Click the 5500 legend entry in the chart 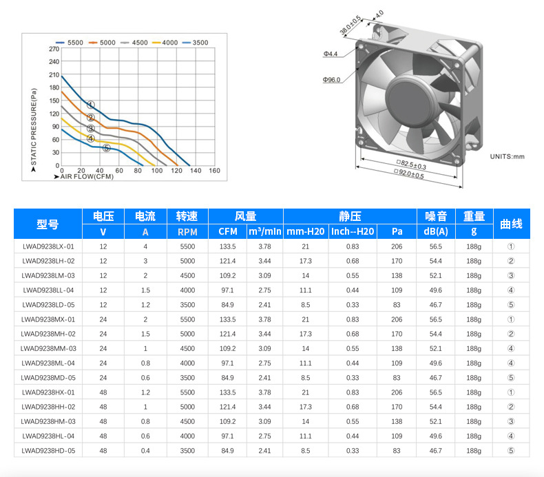point(70,43)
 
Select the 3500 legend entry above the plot point(196,43)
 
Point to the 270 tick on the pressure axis point(54,49)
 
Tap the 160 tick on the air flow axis point(214,170)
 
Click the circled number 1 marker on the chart point(90,105)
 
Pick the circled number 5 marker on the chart point(107,148)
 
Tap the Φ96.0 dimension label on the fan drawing point(332,80)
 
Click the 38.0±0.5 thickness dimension point(351,25)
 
